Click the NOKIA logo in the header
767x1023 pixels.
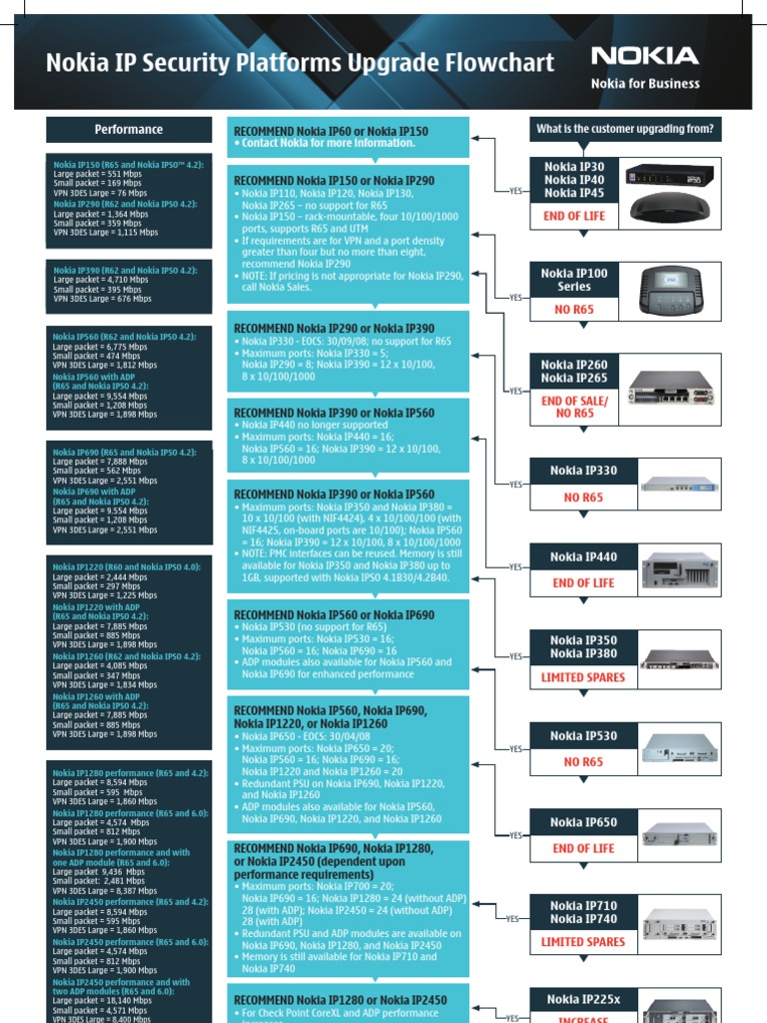tap(644, 56)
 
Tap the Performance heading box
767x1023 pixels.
tap(129, 130)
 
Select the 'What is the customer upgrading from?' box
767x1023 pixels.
tap(625, 129)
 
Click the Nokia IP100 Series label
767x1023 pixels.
tap(574, 280)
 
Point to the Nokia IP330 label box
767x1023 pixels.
tap(583, 471)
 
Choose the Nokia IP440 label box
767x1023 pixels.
tap(583, 557)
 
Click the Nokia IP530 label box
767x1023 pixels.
tap(583, 736)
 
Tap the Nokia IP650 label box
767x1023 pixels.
tap(583, 823)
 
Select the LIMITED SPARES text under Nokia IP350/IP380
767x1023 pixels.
tap(583, 677)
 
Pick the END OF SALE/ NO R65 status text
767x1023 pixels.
tap(574, 407)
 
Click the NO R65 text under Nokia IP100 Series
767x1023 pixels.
tap(574, 310)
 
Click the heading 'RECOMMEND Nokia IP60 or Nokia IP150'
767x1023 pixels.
tap(331, 131)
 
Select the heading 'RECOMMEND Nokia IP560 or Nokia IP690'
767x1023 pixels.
tap(334, 615)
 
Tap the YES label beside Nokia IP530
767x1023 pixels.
tap(515, 748)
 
